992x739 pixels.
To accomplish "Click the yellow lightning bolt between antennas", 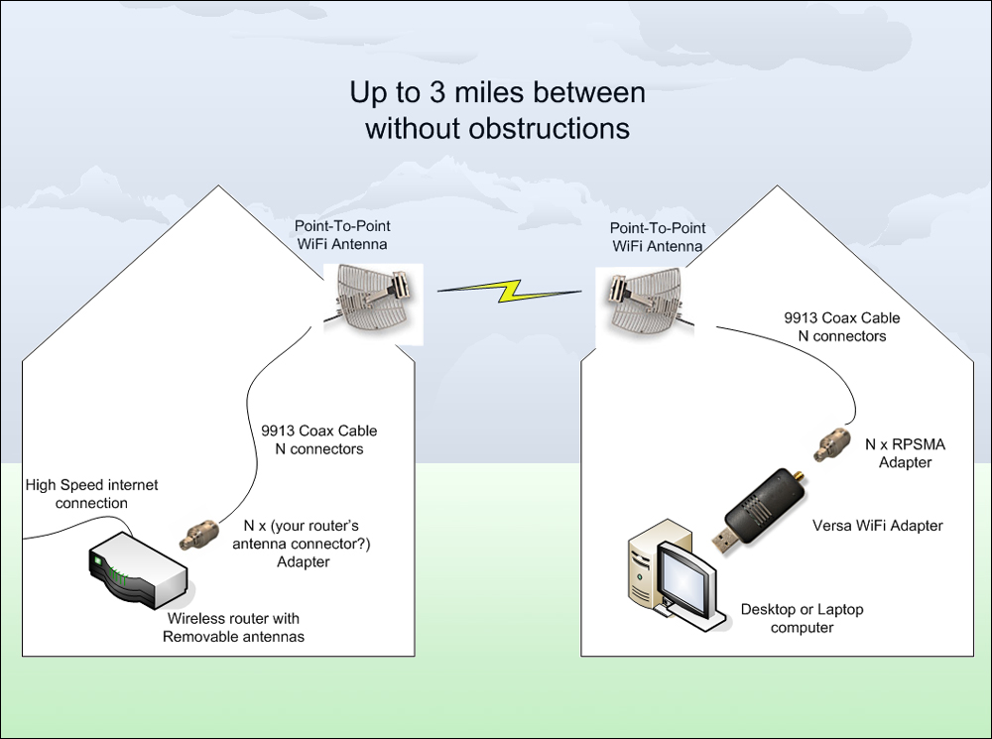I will pyautogui.click(x=509, y=291).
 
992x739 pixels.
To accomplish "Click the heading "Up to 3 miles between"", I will pyautogui.click(x=497, y=93).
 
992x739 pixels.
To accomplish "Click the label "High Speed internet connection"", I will pyautogui.click(x=91, y=494).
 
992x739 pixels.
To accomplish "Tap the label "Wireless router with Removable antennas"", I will pyautogui.click(x=233, y=627).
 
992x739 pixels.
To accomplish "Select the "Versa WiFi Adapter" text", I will pyautogui.click(x=877, y=525).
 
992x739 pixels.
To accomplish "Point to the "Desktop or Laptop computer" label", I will pyautogui.click(x=802, y=618).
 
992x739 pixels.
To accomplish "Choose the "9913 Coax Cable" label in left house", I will pyautogui.click(x=311, y=431).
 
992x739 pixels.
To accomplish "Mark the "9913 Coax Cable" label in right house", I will pyautogui.click(x=841, y=318).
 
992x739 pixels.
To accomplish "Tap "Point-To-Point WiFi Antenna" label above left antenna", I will pyautogui.click(x=342, y=235).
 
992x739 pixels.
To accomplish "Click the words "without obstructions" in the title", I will pyautogui.click(x=497, y=128).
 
